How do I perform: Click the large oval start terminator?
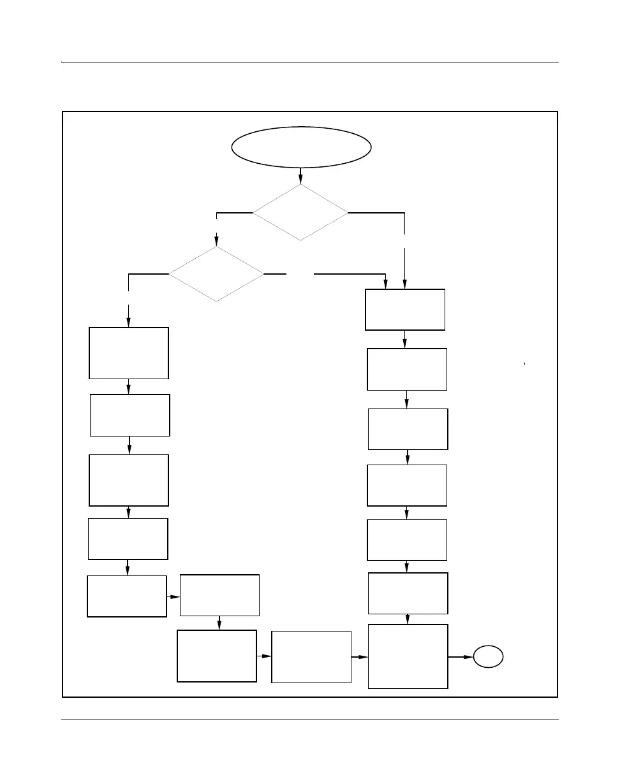301,147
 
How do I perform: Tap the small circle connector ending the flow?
489,656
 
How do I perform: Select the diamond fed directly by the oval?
300,212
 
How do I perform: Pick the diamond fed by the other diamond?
216,274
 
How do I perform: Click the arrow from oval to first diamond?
300,176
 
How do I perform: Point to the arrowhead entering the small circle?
469,656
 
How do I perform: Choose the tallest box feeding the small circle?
408,656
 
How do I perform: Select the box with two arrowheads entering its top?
404,310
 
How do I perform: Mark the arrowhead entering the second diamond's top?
216,242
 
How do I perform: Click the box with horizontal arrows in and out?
311,656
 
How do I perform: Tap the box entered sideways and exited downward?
219,595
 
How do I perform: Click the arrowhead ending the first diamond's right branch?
405,285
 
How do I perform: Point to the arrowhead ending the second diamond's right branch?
385,285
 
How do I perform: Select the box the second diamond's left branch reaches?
129,353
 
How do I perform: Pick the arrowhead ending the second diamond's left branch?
129,324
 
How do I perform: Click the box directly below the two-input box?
407,369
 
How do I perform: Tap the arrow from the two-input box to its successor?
405,339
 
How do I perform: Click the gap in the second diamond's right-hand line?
300,274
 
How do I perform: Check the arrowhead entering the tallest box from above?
408,620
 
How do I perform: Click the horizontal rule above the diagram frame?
309,62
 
